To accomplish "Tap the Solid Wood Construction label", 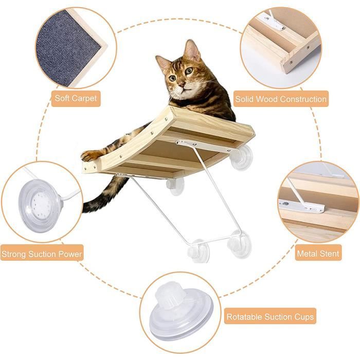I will point(280,99).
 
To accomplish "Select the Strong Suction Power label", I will point(42,254).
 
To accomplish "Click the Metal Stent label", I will point(318,254).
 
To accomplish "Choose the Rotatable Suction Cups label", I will point(271,317).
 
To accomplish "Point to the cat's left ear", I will point(192,50).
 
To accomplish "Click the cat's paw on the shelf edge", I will point(90,155).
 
